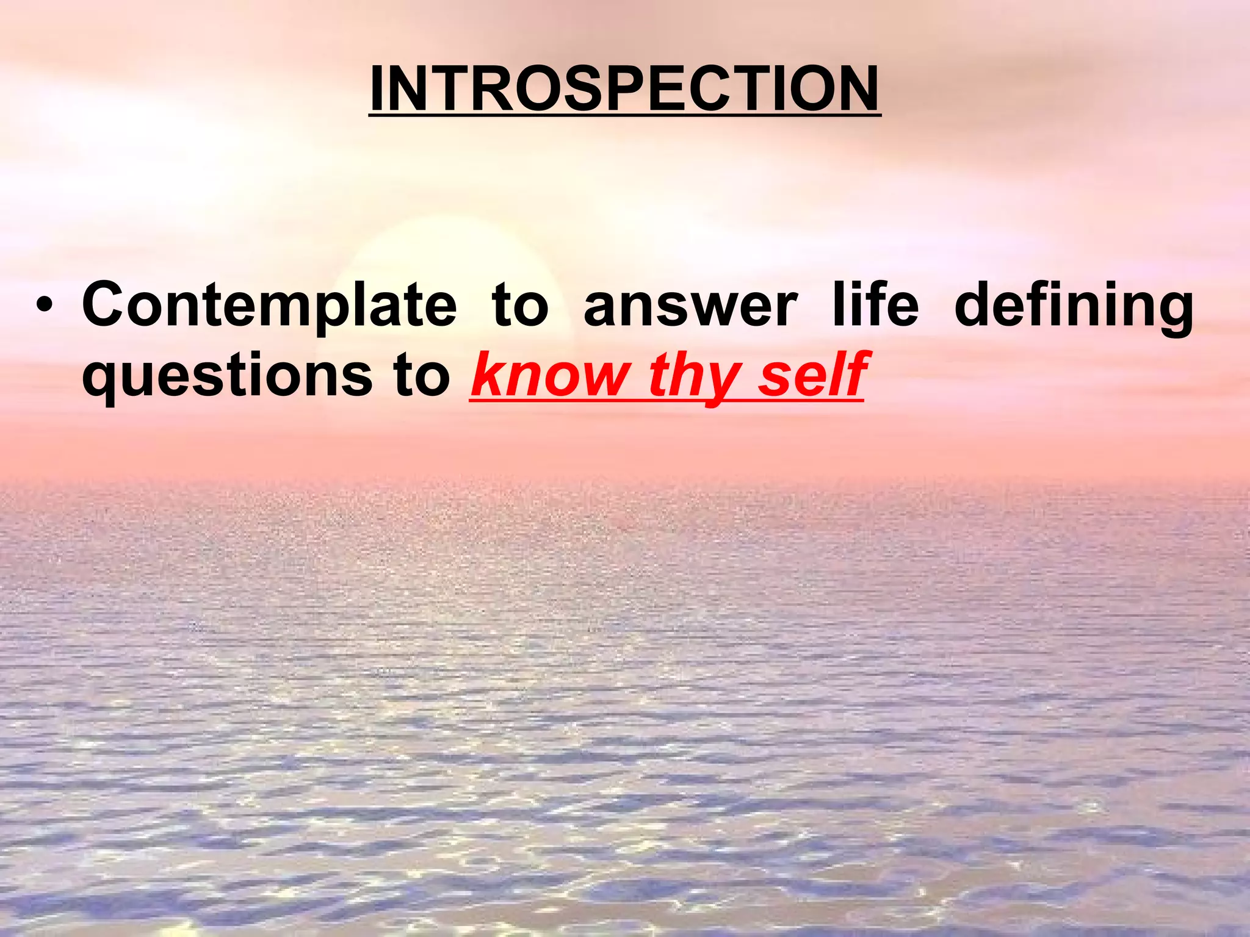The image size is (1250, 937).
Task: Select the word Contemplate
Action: click(269, 305)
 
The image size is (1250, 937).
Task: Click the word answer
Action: click(690, 305)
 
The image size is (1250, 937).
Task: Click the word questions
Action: click(227, 376)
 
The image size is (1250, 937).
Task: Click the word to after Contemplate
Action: click(520, 305)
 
